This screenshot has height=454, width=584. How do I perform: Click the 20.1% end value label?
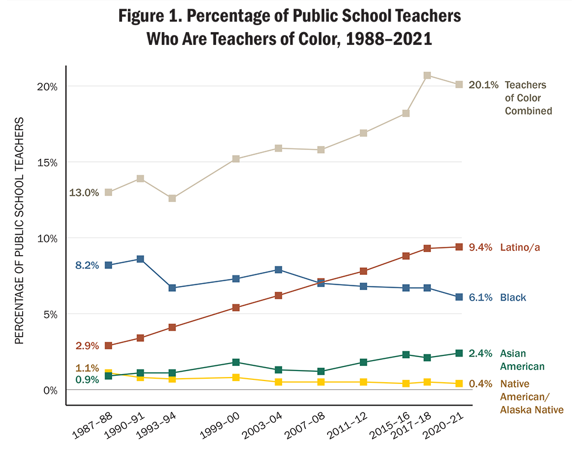(484, 85)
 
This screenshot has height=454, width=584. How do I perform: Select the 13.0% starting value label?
(84, 193)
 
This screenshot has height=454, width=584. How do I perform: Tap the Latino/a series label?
(520, 247)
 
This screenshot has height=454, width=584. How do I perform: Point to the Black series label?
(513, 298)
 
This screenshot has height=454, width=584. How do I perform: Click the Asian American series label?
(522, 360)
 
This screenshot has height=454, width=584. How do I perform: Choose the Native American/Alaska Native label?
(531, 397)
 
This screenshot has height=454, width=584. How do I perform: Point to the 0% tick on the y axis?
(49, 390)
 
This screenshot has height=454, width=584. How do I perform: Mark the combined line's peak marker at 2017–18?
(427, 75)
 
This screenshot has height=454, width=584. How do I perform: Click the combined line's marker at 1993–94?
(172, 198)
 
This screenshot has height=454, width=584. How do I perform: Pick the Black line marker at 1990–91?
(140, 259)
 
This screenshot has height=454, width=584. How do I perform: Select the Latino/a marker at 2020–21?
(459, 247)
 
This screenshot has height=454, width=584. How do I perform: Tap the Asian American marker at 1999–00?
(236, 362)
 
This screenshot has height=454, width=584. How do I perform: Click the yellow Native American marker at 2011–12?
(363, 382)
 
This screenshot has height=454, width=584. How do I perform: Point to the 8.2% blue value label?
(86, 266)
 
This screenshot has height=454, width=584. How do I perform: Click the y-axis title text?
(19, 231)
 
